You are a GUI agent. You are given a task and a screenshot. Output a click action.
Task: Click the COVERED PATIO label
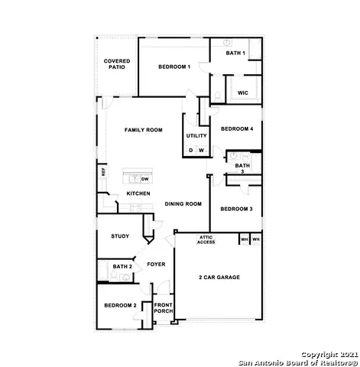coord(117,63)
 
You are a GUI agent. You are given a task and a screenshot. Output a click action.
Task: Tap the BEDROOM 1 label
coord(174,67)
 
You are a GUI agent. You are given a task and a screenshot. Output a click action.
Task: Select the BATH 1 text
coord(235,53)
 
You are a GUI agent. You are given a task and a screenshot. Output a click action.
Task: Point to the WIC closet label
coord(242,93)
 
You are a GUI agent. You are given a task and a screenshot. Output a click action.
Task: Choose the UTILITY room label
coord(196,136)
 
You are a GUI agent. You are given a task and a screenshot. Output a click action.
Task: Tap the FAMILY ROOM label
coord(144,130)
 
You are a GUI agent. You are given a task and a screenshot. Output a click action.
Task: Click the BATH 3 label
coord(242,168)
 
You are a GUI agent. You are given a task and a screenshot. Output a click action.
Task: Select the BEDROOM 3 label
coord(236,209)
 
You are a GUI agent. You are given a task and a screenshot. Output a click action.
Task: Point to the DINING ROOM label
coord(183,204)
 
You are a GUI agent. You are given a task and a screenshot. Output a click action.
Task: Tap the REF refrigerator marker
coord(104,173)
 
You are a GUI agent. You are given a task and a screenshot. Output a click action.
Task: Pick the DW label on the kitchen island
coord(144,178)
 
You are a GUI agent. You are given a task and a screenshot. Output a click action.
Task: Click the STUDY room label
coord(119,236)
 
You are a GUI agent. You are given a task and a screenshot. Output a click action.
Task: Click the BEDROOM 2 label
coord(120,305)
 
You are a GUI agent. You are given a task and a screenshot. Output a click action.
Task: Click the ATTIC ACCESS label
coord(206,239)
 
